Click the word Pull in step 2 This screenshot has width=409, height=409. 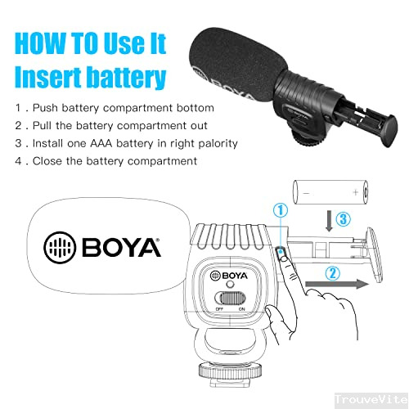[x=45, y=126]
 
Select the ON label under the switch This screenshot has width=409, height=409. [x=242, y=309]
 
